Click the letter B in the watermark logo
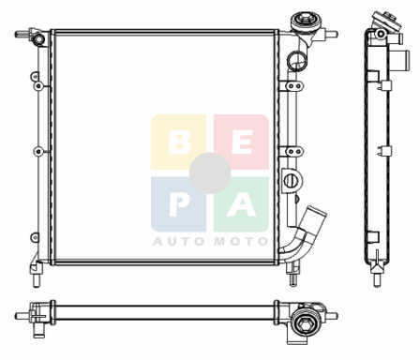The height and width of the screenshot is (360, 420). click(179, 142)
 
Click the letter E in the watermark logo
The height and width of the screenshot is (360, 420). click(242, 142)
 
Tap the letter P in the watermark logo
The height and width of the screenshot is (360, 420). click(178, 204)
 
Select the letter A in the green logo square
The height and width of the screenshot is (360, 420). click(242, 204)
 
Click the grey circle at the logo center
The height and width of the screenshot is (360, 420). click(210, 173)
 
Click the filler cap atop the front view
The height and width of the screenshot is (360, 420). click(304, 22)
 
